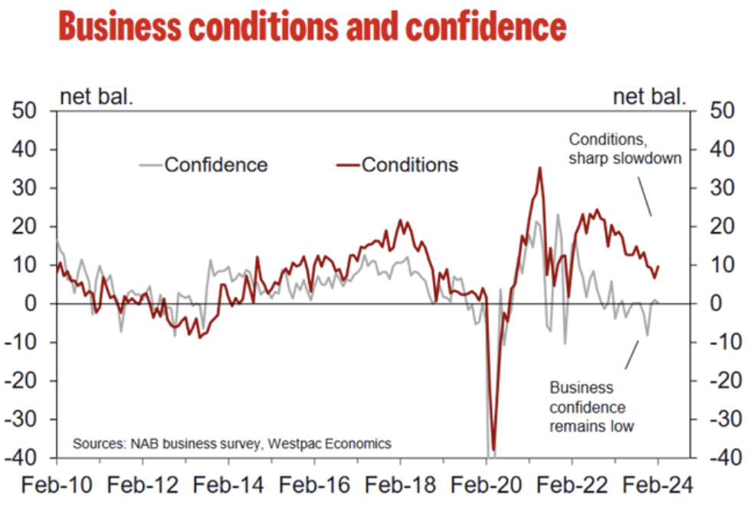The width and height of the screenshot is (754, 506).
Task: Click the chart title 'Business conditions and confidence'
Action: coord(312,27)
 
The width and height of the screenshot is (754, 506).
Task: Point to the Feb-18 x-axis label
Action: coord(401,485)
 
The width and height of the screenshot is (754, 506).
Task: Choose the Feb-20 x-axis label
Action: coord(487,485)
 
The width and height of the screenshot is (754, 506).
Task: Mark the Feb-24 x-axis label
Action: coord(658,485)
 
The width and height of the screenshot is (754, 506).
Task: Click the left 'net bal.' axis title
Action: coord(97,97)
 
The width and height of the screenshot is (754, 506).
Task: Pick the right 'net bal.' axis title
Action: coord(649,97)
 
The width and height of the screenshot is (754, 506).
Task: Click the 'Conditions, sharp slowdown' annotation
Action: coord(625,149)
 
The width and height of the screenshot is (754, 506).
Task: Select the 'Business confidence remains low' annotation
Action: coord(592,406)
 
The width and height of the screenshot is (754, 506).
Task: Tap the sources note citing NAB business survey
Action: coord(232,443)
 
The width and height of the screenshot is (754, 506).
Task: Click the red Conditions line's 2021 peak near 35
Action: coord(540,168)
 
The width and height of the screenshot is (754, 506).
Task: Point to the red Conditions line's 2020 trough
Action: coord(493,449)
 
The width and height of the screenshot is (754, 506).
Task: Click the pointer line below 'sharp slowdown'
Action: coord(644,198)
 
